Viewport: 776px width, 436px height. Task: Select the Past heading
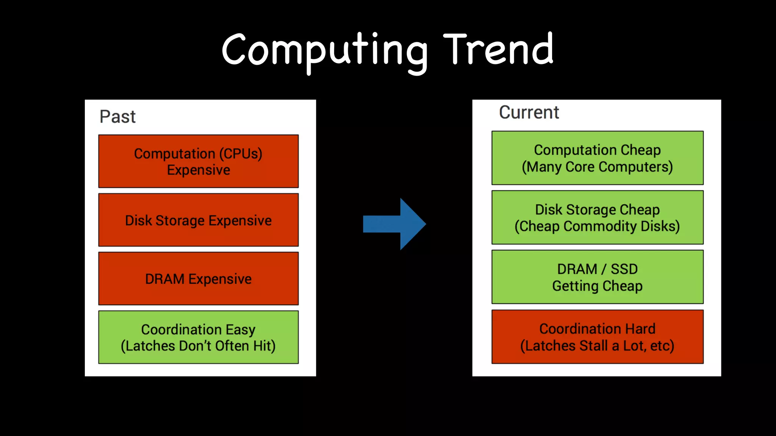coord(117,117)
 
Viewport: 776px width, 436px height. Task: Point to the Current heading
coord(529,112)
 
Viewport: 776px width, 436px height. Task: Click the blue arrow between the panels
coord(394,224)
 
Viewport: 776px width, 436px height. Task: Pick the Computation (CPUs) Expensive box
coord(198,161)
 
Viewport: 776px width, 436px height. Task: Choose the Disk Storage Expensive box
coord(198,220)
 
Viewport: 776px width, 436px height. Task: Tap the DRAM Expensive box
coord(198,279)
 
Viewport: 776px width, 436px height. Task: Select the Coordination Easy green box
coord(198,337)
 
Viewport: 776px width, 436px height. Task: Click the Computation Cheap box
coord(597,158)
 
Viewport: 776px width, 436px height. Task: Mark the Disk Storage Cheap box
coord(597,218)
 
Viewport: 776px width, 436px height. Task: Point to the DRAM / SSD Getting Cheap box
coord(597,277)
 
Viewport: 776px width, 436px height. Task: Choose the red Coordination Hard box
coord(597,337)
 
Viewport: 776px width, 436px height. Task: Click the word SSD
coord(624,269)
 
